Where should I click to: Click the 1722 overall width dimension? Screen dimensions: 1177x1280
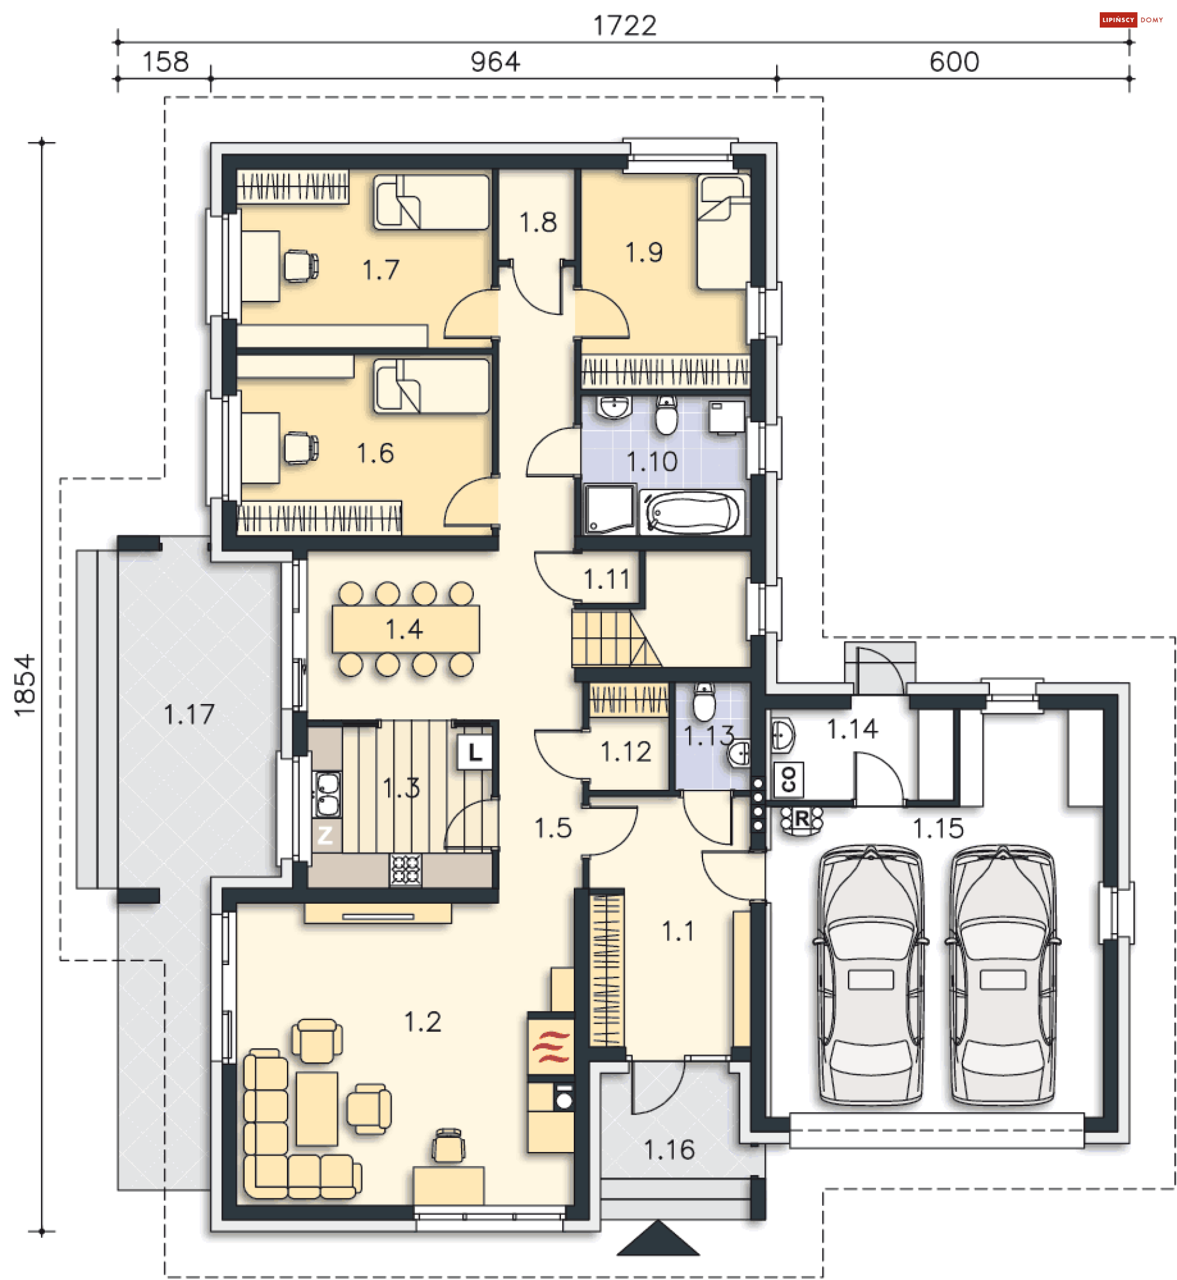(624, 26)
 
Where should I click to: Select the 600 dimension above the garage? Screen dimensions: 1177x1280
(953, 62)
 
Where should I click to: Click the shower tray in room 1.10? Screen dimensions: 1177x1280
(610, 509)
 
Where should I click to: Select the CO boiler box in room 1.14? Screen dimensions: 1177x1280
(788, 779)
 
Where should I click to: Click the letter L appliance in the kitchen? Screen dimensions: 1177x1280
(474, 753)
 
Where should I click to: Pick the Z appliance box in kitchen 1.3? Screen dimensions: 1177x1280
(326, 835)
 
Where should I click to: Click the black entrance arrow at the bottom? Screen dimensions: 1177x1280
(658, 1238)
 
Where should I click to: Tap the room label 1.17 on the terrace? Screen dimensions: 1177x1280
(189, 714)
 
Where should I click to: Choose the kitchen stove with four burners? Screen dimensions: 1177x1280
(406, 869)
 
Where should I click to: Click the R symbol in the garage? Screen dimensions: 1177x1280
(801, 820)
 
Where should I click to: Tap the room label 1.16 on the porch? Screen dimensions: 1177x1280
(669, 1150)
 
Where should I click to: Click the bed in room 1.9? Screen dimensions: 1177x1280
(723, 232)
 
